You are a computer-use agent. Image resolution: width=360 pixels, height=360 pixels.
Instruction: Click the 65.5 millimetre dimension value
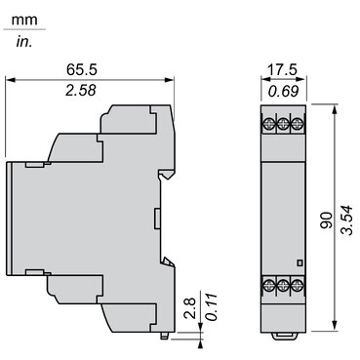(x=82, y=69)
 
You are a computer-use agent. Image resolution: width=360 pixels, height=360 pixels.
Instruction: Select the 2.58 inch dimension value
(x=81, y=91)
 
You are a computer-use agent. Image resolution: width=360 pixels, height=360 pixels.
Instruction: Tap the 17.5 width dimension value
(x=282, y=69)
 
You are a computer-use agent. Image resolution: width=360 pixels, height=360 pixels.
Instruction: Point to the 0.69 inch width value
(x=283, y=92)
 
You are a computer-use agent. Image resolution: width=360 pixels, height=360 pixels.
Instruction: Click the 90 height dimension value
(x=327, y=220)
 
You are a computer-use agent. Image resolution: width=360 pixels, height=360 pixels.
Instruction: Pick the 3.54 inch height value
(x=346, y=220)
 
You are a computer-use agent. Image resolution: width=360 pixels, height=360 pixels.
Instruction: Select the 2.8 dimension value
(x=189, y=309)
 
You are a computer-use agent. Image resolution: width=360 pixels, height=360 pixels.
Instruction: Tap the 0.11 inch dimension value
(x=212, y=307)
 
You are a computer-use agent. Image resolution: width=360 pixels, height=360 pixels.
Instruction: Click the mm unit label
(x=24, y=20)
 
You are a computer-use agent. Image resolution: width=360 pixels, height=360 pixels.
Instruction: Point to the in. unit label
(x=24, y=42)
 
